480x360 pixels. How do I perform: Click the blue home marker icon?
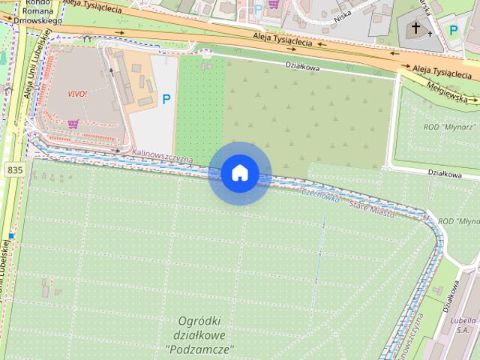tap(239, 173)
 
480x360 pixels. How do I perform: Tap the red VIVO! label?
tap(77, 94)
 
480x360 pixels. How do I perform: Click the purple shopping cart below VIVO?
tap(73, 124)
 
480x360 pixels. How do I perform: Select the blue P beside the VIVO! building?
tap(166, 98)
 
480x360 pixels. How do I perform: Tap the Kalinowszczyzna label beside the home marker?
tap(162, 155)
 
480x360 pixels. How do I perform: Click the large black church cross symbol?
tap(416, 28)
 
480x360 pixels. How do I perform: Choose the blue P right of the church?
tap(453, 30)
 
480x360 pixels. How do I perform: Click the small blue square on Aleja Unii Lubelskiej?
tap(12, 237)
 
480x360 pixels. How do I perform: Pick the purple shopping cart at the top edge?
tap(274, 4)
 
